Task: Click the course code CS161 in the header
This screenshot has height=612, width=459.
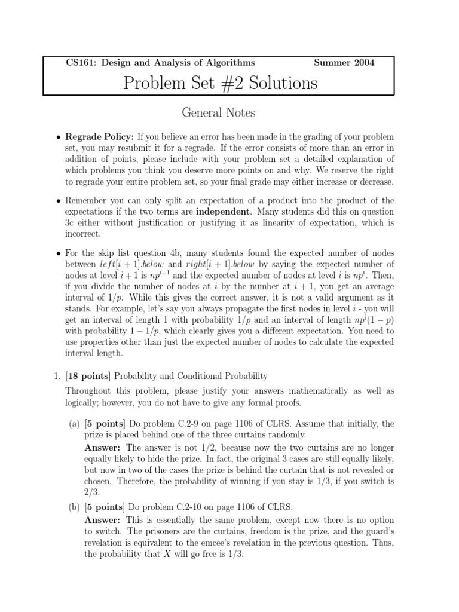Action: pyautogui.click(x=78, y=62)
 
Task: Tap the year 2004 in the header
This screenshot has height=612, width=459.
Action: pyautogui.click(x=363, y=62)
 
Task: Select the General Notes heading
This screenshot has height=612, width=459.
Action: pyautogui.click(x=218, y=112)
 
